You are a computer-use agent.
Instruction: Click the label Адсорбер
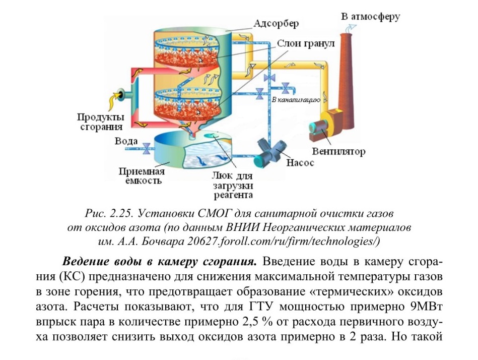tap(276, 24)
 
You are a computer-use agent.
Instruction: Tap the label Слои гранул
tap(305, 44)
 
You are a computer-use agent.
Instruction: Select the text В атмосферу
tap(370, 17)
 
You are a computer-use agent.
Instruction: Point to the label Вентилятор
tap(338, 151)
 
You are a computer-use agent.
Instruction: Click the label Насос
tap(300, 163)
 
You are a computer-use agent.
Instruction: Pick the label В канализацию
tap(296, 100)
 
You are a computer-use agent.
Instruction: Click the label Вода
tap(126, 141)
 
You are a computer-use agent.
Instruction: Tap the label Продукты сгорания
tap(100, 122)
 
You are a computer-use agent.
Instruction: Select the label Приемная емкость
tap(142, 176)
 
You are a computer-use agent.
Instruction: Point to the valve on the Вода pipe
tap(147, 148)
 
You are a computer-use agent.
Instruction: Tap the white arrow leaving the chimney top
tap(350, 28)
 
